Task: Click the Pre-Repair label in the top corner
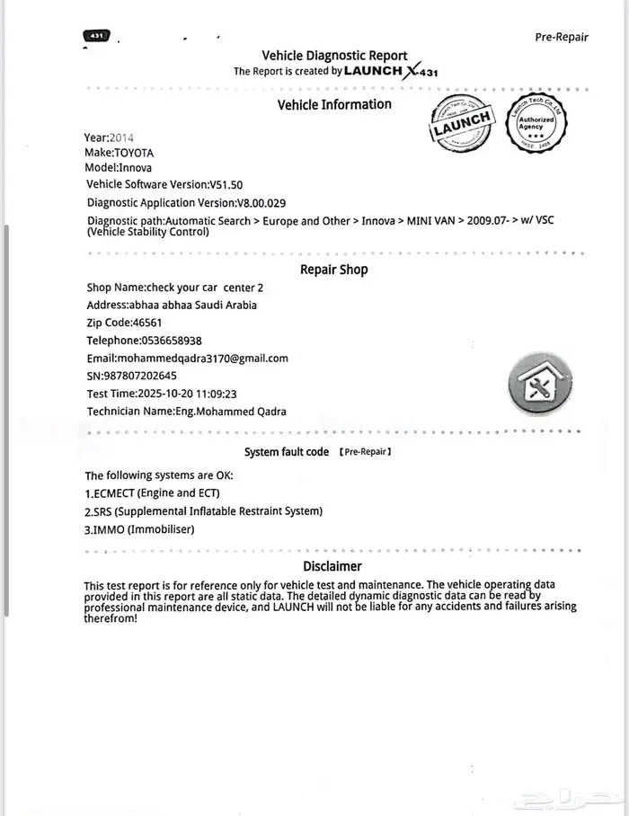point(562,37)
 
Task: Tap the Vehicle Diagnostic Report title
point(334,56)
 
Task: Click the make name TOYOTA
point(134,153)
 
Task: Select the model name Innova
point(137,168)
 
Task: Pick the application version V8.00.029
point(261,203)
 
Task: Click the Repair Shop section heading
point(333,270)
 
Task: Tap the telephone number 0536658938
point(172,341)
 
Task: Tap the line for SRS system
point(203,511)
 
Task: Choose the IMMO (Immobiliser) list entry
point(139,529)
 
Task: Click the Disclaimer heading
point(332,566)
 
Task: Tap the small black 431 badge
point(96,36)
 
